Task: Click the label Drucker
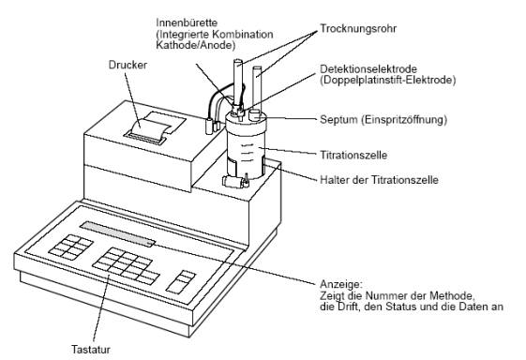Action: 128,65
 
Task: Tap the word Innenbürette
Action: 187,22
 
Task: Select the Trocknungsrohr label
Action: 358,29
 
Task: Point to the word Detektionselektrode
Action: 368,69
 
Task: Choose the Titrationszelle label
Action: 353,155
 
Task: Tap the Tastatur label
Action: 91,350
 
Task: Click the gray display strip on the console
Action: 117,233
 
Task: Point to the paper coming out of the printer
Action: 151,129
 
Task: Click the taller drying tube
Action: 238,82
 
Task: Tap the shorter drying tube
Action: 257,88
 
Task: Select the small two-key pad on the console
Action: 181,281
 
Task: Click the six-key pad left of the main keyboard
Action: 70,247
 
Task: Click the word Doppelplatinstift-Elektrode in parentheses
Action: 387,81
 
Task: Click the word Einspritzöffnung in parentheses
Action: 404,120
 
